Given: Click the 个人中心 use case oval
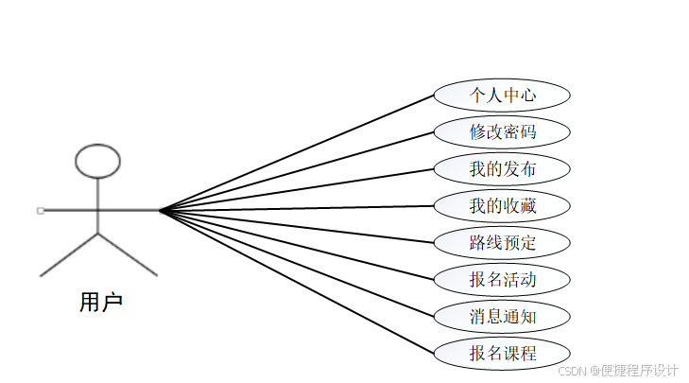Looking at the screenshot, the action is (x=502, y=96).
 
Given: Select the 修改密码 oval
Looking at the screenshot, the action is (x=502, y=132).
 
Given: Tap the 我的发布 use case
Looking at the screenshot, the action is (x=502, y=169).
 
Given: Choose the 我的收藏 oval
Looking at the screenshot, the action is (x=502, y=205).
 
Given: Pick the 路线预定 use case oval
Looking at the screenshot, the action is (x=502, y=242).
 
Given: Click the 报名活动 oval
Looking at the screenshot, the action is (x=502, y=279).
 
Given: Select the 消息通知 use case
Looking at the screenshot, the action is (x=502, y=316).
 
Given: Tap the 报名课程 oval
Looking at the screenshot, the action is (x=502, y=353).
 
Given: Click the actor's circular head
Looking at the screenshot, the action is (x=97, y=162).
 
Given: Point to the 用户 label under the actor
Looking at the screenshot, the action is (x=101, y=303).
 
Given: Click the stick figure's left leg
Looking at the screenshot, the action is (x=69, y=253).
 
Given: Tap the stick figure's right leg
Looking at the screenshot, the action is (x=128, y=253).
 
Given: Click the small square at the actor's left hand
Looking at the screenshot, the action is (x=41, y=209).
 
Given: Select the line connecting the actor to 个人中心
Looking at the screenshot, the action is (x=297, y=151).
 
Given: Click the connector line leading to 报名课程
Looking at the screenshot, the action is (x=297, y=281).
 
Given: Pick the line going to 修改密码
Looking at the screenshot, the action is (x=297, y=170).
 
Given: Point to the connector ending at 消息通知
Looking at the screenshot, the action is (x=297, y=262).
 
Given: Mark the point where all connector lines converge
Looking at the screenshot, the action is (x=161, y=209).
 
